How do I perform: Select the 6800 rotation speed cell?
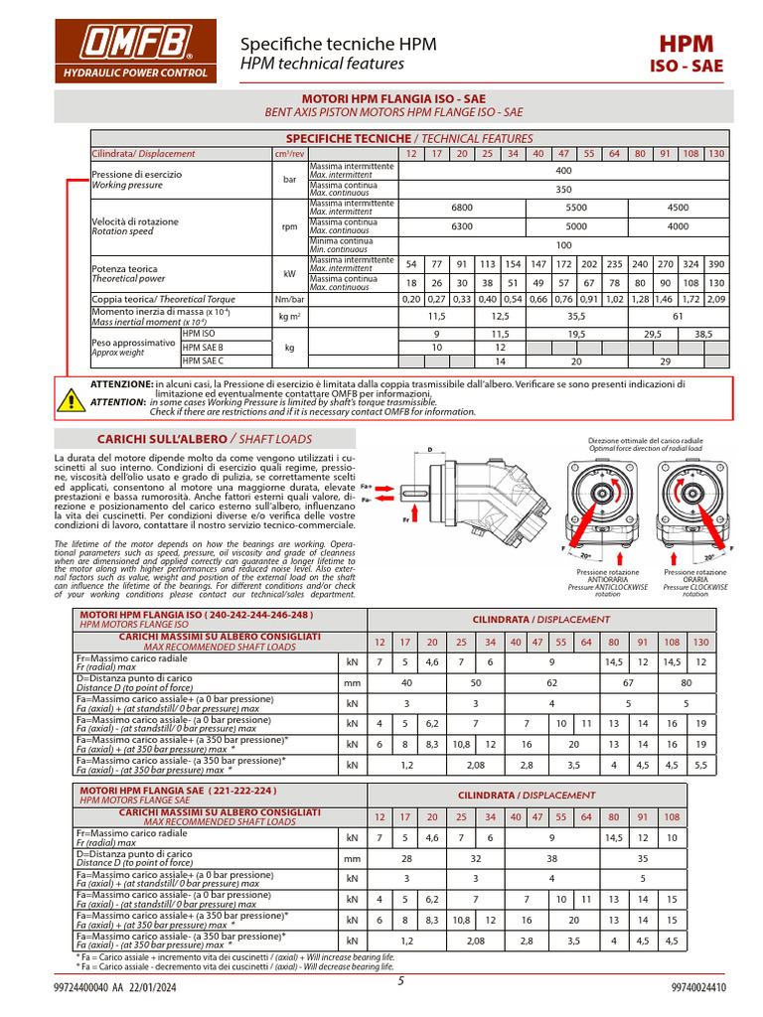(462, 208)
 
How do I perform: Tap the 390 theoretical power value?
(717, 264)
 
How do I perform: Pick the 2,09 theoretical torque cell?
(717, 298)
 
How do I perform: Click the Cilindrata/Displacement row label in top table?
(144, 154)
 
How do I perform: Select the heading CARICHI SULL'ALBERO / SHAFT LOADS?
(204, 439)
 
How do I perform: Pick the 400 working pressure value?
(563, 171)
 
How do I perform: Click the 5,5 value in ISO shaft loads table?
(700, 766)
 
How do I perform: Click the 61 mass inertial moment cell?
(678, 316)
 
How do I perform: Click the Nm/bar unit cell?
(289, 298)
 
